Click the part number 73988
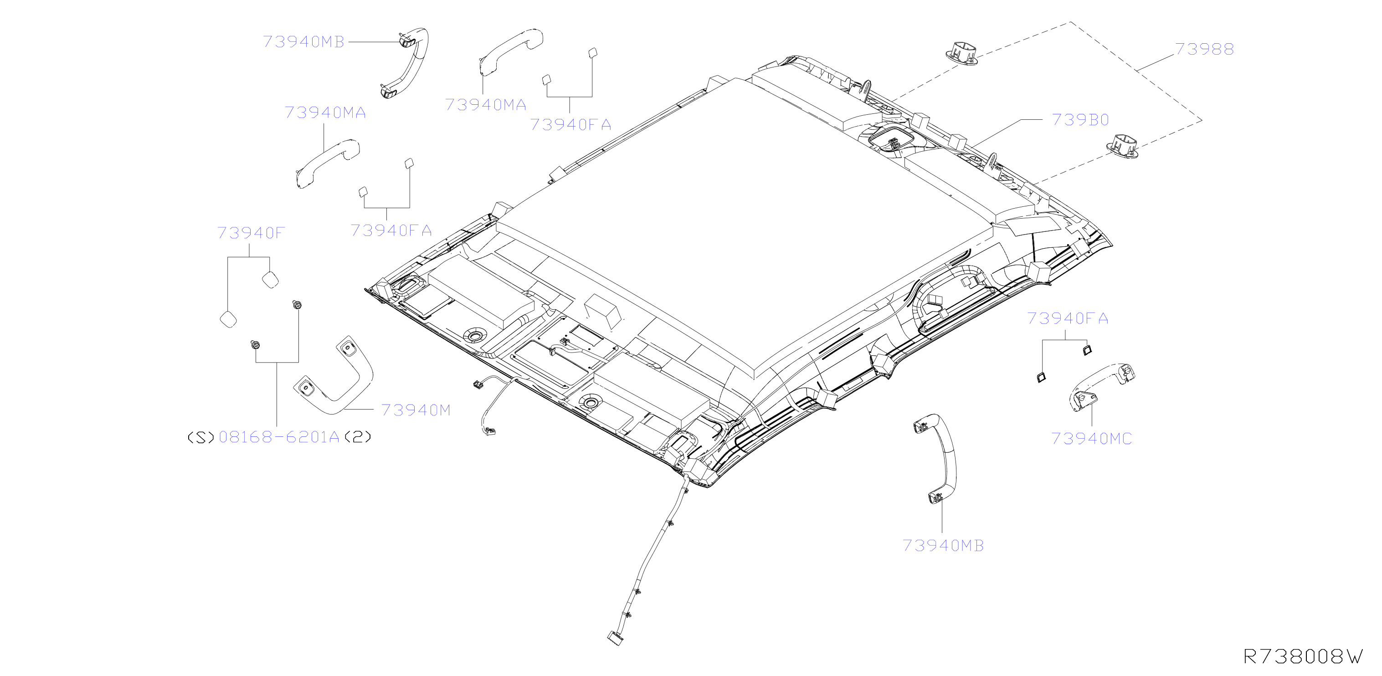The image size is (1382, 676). pos(1204,49)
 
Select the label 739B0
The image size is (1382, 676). pos(1080,120)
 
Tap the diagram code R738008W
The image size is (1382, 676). pos(1303,656)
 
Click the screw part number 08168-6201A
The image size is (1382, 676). pos(279,437)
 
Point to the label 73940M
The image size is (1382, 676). pos(416,410)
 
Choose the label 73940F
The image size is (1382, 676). pos(251,233)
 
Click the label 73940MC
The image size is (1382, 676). pos(1091,438)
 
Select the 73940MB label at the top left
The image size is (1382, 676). pos(303,42)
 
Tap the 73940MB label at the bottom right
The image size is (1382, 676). pos(943,545)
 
